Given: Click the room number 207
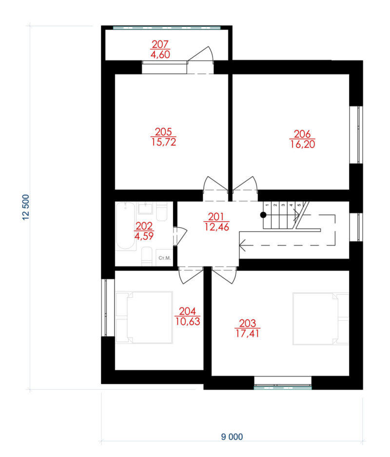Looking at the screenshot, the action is click(x=160, y=44).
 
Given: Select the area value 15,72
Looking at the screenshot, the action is click(x=164, y=142).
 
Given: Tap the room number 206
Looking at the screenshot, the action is click(x=302, y=134).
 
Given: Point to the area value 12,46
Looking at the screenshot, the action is click(x=216, y=227).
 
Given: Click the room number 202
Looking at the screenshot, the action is click(x=144, y=226).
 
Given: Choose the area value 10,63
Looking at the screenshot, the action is click(x=188, y=321).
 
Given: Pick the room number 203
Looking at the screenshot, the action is click(x=247, y=323).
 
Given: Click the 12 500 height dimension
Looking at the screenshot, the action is click(x=26, y=207).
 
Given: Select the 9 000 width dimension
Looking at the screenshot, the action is click(x=232, y=436).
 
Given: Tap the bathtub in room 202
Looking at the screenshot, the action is click(x=125, y=226).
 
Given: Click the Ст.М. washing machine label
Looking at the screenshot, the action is click(x=164, y=258).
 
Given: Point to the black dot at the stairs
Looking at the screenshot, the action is click(x=263, y=215).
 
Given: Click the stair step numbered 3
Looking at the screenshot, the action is click(x=283, y=205).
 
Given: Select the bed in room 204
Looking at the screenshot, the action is click(x=144, y=317).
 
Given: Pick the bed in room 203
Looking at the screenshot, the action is click(x=321, y=319).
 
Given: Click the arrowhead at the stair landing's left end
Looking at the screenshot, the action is click(x=242, y=245).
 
